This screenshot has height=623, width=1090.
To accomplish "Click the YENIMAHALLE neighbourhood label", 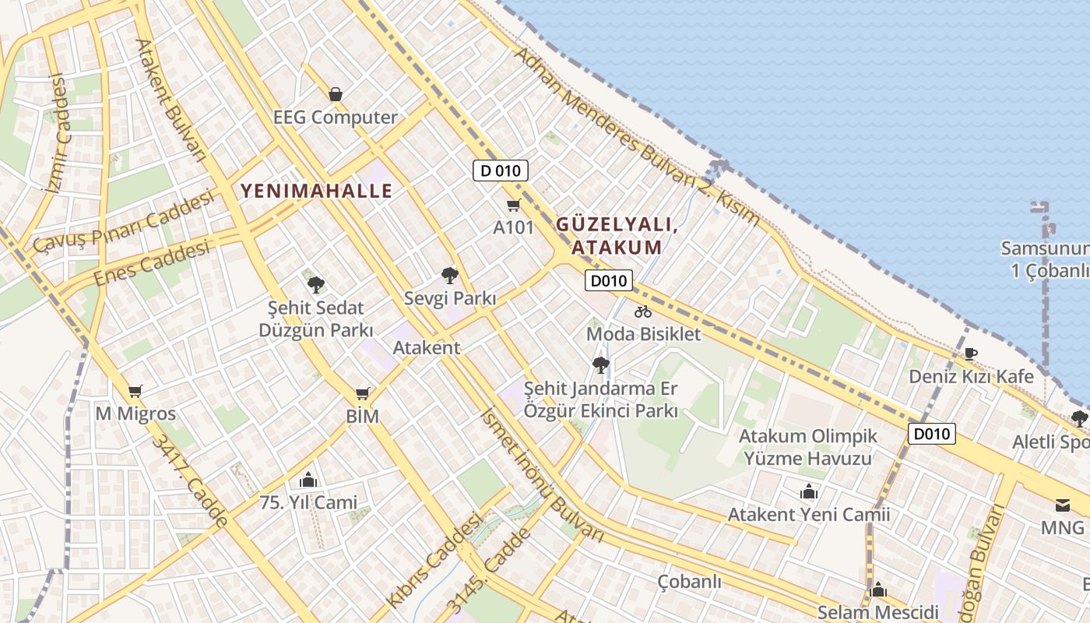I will pos(316,191).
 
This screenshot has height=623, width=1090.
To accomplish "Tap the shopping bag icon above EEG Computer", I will pos(336,94).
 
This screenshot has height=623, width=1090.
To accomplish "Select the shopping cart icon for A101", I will pos(513,206).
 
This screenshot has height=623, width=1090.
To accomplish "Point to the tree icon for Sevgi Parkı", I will pos(449,275).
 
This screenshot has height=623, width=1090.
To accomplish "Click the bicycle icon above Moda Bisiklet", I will pos(642,312).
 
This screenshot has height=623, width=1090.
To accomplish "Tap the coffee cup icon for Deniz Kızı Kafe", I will pos(970,354).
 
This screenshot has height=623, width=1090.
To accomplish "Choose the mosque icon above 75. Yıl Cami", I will pos(308,480).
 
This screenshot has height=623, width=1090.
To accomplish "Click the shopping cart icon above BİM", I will pos(362,393).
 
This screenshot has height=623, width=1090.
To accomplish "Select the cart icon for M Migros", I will pos(135,391).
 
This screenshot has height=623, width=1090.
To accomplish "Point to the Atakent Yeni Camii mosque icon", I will pos(808,492).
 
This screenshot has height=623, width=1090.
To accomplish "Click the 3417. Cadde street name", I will pos(190,480).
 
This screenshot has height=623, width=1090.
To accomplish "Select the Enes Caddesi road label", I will pos(152,263).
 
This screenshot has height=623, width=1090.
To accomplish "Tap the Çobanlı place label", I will pos(689,582).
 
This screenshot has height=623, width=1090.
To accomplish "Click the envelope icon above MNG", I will pos(1063,505).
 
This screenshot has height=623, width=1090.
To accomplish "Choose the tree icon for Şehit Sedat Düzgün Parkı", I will pos(315,285).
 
